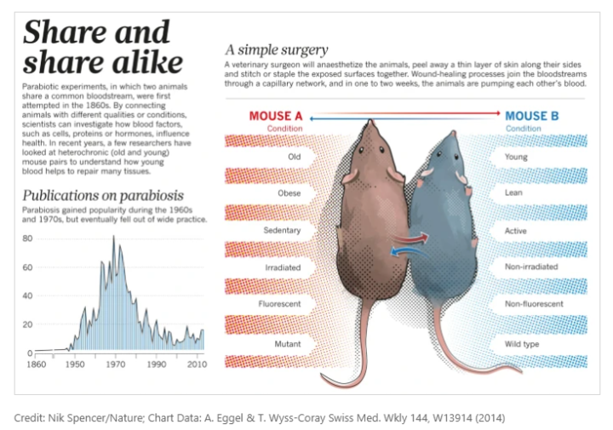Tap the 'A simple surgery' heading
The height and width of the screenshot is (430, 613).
point(276,49)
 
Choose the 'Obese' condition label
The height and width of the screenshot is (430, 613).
point(289,193)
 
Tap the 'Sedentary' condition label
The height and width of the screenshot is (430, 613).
point(283,230)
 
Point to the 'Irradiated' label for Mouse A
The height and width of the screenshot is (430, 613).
point(283,267)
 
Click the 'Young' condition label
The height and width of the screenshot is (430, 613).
point(516,157)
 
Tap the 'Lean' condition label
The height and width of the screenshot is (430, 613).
point(514,193)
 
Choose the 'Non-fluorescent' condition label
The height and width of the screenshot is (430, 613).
point(534,304)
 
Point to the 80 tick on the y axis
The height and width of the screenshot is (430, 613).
point(28,238)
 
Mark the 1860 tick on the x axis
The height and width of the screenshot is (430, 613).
point(35,364)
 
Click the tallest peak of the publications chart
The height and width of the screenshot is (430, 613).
point(113,236)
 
